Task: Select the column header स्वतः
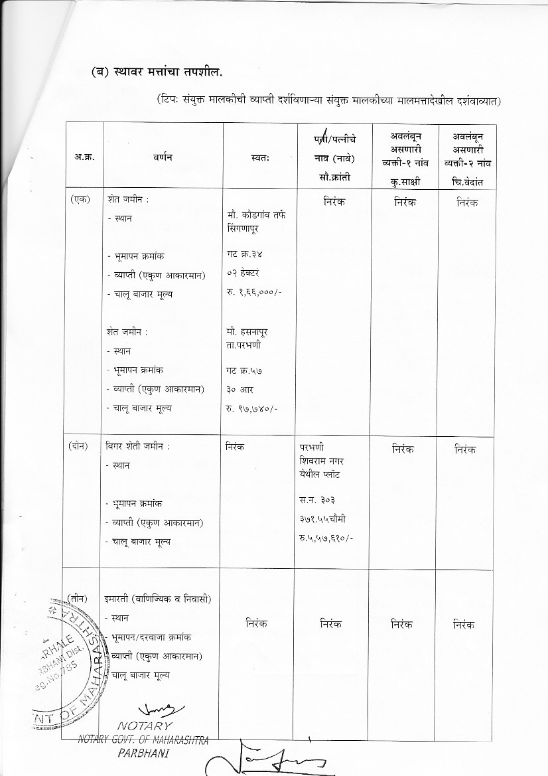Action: [260, 158]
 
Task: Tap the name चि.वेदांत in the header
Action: [472, 181]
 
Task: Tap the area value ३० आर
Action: [240, 389]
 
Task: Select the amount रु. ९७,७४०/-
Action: [251, 408]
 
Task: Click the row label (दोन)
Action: [80, 446]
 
